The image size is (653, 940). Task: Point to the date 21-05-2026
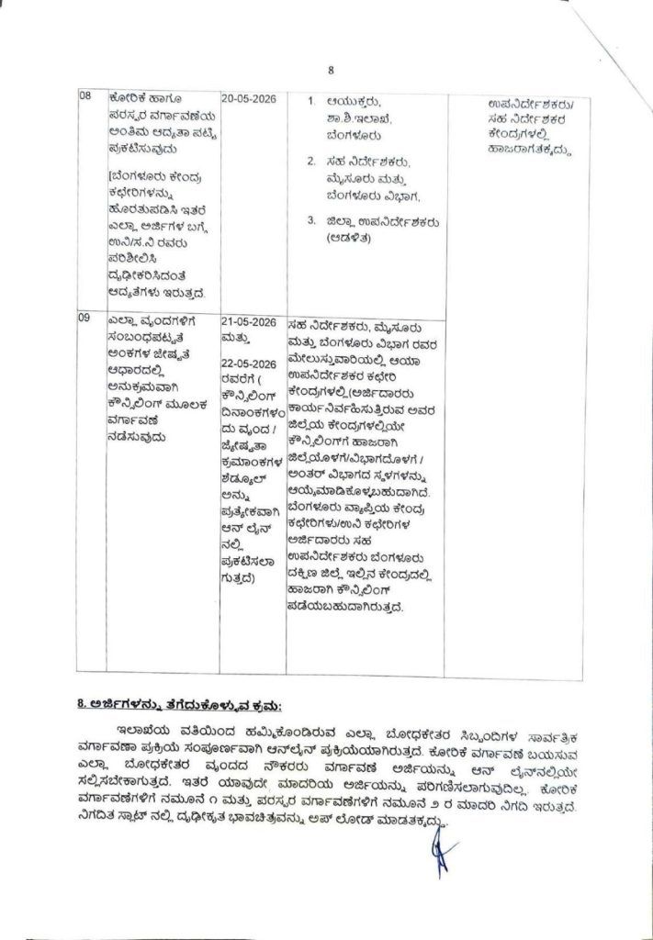point(249,321)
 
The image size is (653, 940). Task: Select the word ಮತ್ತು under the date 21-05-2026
point(234,338)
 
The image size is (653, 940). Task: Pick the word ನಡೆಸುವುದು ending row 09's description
point(137,438)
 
